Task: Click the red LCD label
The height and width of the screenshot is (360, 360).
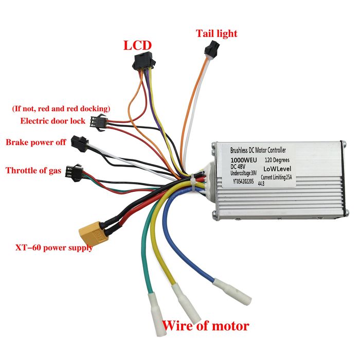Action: tap(137, 45)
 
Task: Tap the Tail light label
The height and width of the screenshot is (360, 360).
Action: tap(217, 33)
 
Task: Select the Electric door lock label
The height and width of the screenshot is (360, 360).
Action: tap(53, 121)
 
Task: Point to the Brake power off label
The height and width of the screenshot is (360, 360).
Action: tap(36, 142)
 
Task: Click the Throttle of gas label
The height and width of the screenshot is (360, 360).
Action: tap(33, 171)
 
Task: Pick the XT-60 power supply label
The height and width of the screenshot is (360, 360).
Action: tap(54, 248)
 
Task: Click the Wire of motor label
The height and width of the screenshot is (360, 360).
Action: tap(206, 326)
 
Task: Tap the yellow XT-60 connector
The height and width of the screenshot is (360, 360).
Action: tap(94, 234)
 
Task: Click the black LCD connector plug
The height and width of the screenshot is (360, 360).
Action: tap(144, 61)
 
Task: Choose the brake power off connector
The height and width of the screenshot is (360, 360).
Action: tap(79, 143)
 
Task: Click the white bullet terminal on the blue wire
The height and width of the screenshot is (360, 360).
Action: tap(232, 292)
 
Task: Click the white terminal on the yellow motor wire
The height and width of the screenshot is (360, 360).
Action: tap(186, 302)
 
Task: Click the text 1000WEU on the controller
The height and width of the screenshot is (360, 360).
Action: tap(244, 160)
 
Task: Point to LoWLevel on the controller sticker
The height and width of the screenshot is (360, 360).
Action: tap(277, 169)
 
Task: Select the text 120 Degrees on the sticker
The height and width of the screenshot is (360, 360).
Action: tap(277, 160)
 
